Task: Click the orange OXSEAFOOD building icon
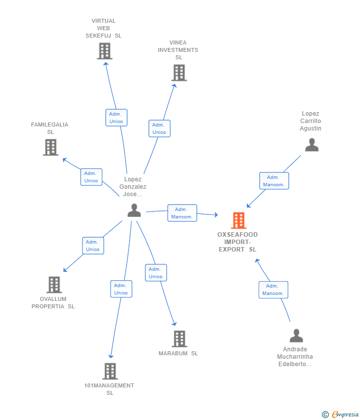[238, 220]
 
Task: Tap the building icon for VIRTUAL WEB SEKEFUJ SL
[104, 51]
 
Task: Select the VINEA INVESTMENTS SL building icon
[179, 73]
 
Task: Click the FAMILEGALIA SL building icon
[50, 147]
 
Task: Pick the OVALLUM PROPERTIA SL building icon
[54, 285]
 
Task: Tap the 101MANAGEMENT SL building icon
[110, 371]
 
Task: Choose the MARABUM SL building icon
[180, 339]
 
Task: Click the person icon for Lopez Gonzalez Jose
[135, 210]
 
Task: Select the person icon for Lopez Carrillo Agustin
[312, 145]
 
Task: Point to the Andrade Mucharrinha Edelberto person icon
[296, 336]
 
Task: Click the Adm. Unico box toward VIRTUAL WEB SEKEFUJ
[116, 118]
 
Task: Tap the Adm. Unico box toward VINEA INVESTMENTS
[160, 128]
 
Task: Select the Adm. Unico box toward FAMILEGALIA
[91, 177]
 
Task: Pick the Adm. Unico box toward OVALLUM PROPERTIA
[93, 246]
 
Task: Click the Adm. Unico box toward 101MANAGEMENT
[121, 289]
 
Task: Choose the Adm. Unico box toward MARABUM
[156, 273]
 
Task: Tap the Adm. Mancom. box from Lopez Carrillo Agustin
[274, 181]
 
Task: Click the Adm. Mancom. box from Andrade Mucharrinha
[273, 290]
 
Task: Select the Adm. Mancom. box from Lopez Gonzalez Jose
[182, 213]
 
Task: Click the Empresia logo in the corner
[340, 415]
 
